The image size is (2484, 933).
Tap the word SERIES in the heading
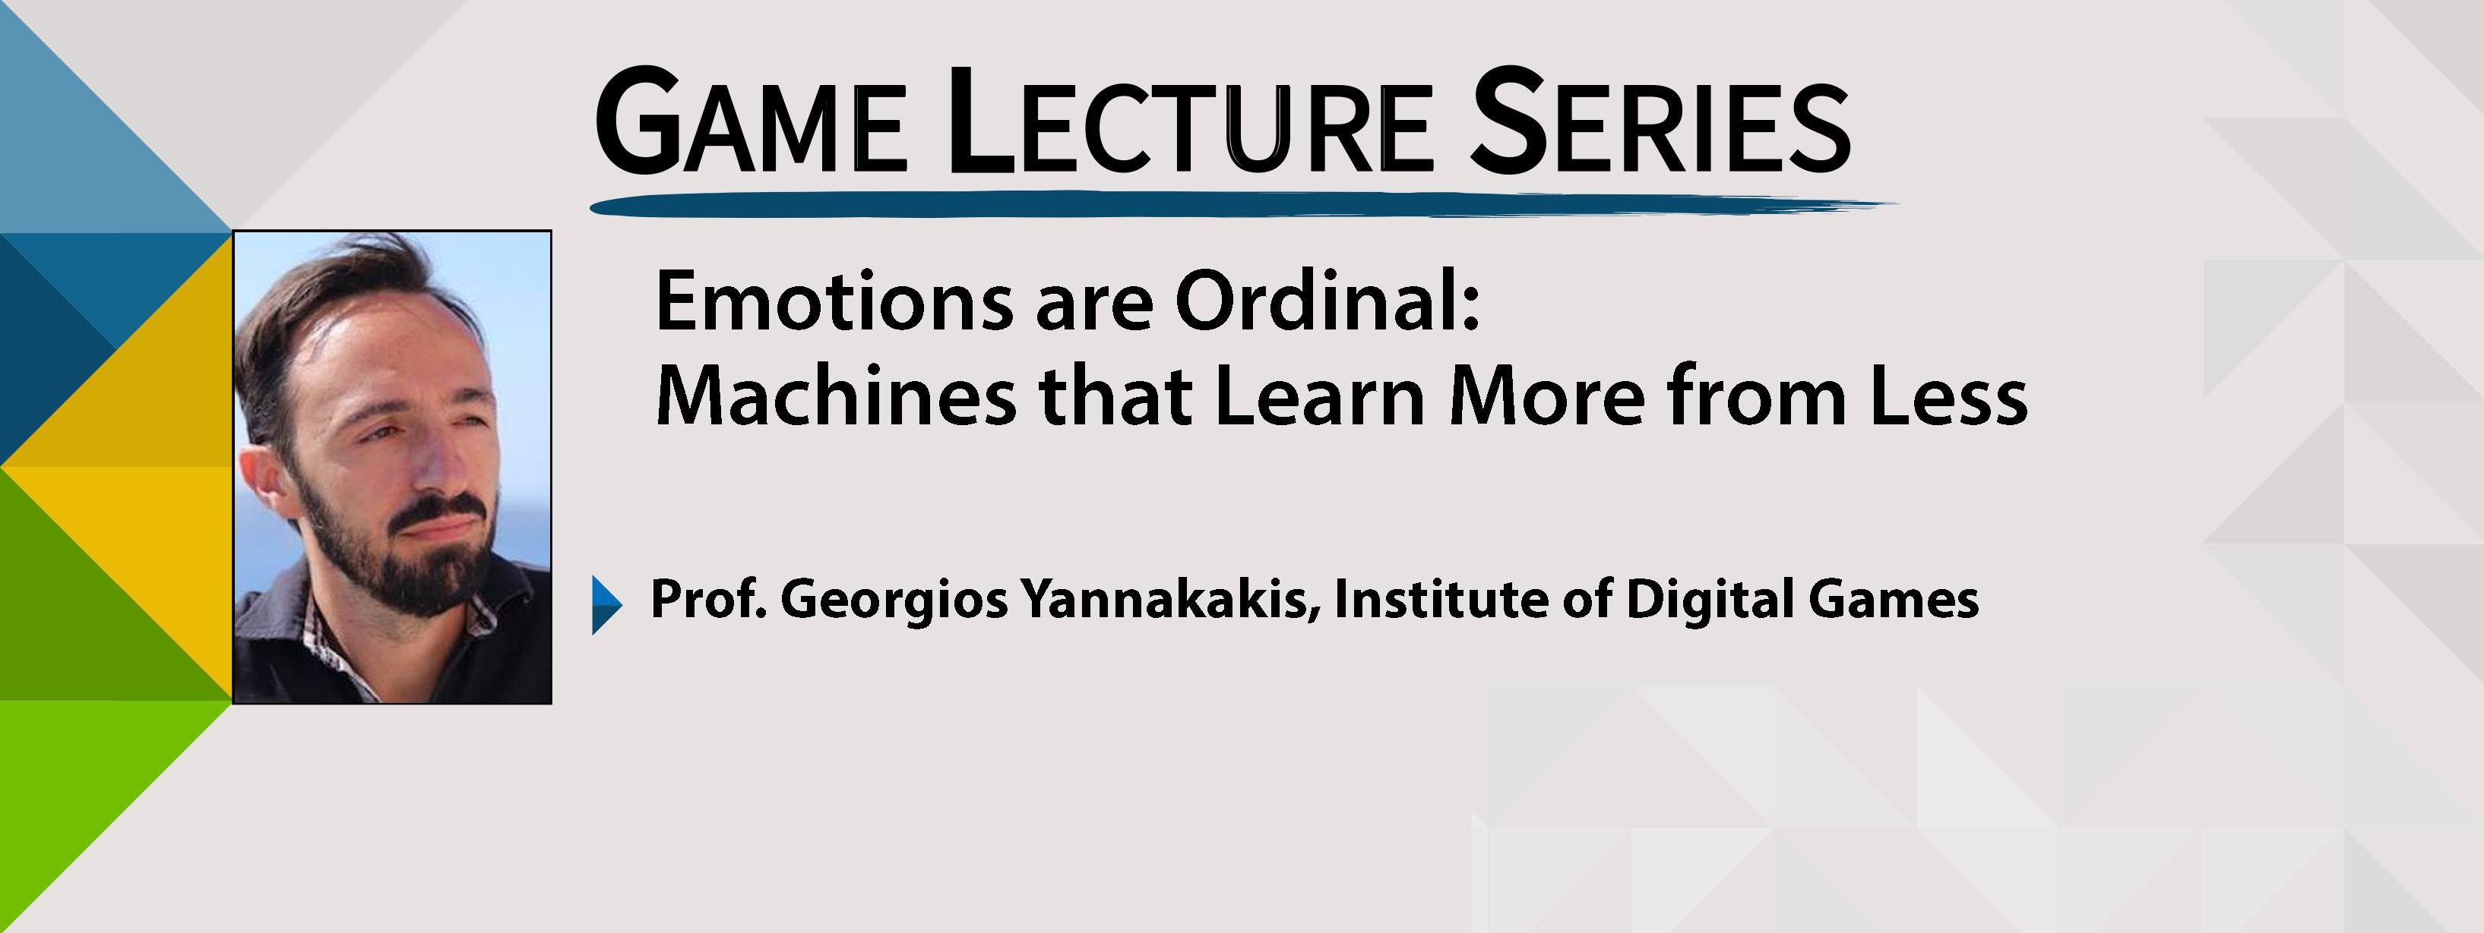1660,121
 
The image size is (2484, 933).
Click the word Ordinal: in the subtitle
1327,301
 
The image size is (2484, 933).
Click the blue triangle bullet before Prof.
606,604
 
